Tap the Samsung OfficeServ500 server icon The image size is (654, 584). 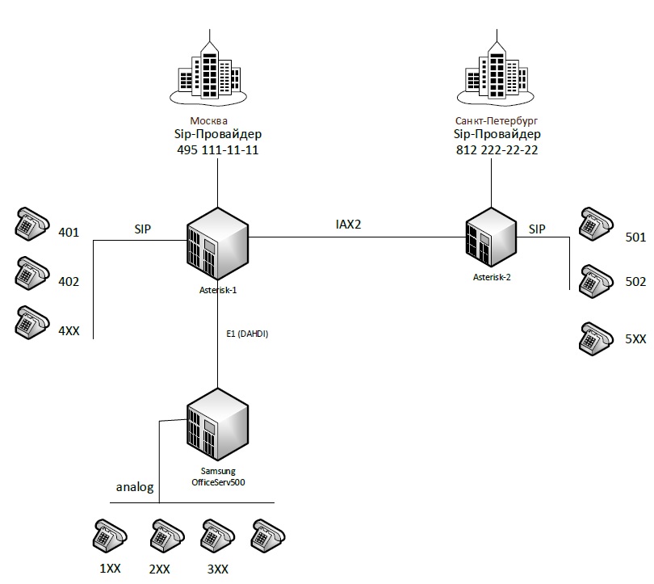coord(217,425)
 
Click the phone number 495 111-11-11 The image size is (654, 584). coord(216,150)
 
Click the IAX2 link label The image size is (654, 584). coord(348,224)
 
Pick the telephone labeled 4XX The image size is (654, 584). coord(31,321)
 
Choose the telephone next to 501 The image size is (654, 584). coord(597,223)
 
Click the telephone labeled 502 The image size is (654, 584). coord(597,278)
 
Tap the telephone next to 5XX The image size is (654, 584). coord(597,337)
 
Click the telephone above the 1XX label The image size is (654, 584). coord(109,534)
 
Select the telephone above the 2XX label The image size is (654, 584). coord(165,534)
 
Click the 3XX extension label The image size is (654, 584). coord(217,569)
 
